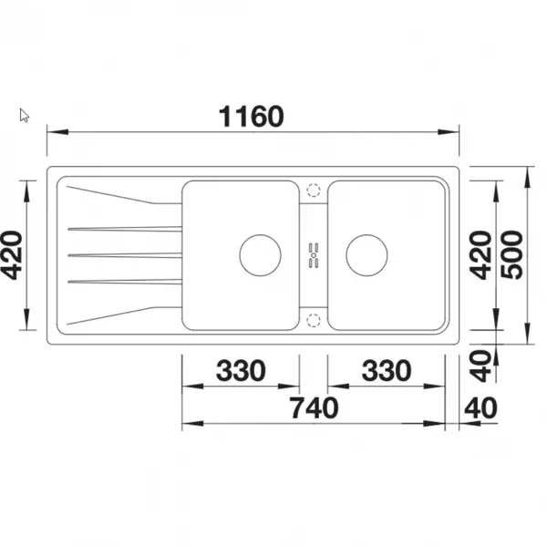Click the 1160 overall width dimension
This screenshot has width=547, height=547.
pyautogui.click(x=251, y=117)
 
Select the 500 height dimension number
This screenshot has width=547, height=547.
pyautogui.click(x=512, y=255)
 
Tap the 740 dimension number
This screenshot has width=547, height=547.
pyautogui.click(x=315, y=408)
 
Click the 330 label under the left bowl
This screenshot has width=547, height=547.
pyautogui.click(x=241, y=370)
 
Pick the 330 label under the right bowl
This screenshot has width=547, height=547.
pyautogui.click(x=387, y=370)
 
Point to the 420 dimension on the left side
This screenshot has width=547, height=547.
pyautogui.click(x=12, y=255)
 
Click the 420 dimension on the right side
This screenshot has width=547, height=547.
pyautogui.click(x=480, y=255)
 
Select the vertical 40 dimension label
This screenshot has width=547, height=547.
pyautogui.click(x=480, y=366)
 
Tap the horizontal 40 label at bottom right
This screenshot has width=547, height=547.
pyautogui.click(x=480, y=408)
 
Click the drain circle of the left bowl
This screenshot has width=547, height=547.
pyautogui.click(x=260, y=255)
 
